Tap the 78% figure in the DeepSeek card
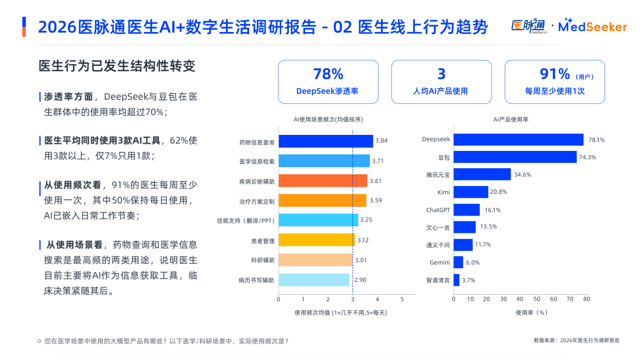pos(328,74)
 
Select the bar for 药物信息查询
pos(326,141)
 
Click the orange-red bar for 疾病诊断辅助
pos(323,181)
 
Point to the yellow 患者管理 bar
pos(316,240)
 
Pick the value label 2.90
pos(360,279)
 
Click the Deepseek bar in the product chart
pos(518,140)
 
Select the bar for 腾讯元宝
pos(482,175)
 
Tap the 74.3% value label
pos(587,157)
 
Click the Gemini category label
pos(439,262)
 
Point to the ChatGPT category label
pos(438,210)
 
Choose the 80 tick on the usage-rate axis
pos(586,299)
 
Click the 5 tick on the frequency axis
pos(402,299)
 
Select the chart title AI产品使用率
pos(511,119)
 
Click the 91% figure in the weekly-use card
pos(555,74)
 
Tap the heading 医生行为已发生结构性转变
pos(117,66)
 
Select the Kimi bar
pos(470,192)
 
